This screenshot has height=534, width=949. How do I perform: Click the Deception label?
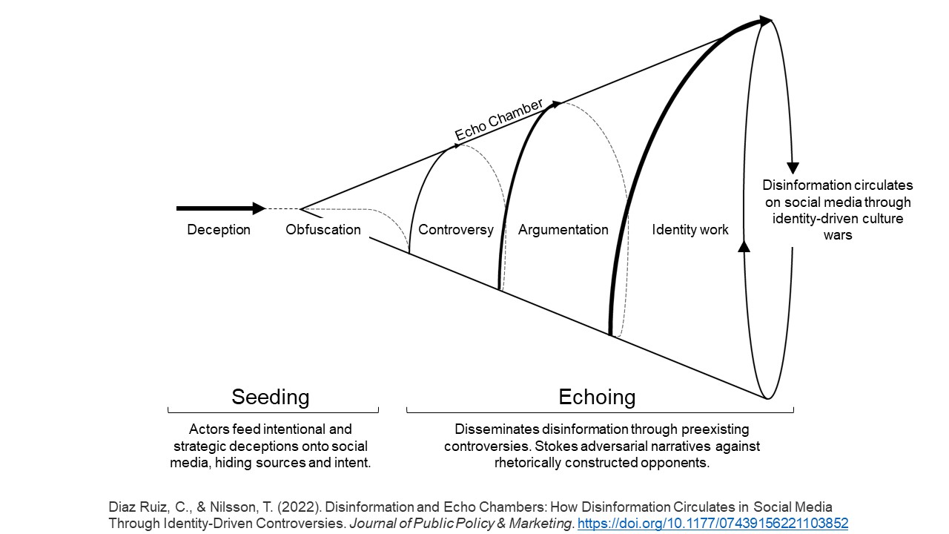click(219, 230)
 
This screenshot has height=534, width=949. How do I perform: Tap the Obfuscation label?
click(323, 230)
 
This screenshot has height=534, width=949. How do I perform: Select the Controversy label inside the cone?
click(455, 230)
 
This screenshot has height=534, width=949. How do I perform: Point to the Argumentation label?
click(563, 230)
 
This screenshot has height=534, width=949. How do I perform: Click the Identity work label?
click(690, 230)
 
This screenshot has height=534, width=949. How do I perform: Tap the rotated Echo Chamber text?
click(499, 119)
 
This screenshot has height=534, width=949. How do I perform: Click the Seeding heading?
click(270, 397)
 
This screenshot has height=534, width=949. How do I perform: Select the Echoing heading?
click(597, 397)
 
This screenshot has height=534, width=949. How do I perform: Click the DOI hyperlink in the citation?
click(712, 524)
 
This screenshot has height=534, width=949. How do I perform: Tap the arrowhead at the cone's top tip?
click(765, 21)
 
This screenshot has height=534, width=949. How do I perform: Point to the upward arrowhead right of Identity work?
click(744, 245)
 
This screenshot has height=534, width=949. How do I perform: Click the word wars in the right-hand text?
click(837, 235)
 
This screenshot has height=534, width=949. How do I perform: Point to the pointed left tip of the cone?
click(301, 208)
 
